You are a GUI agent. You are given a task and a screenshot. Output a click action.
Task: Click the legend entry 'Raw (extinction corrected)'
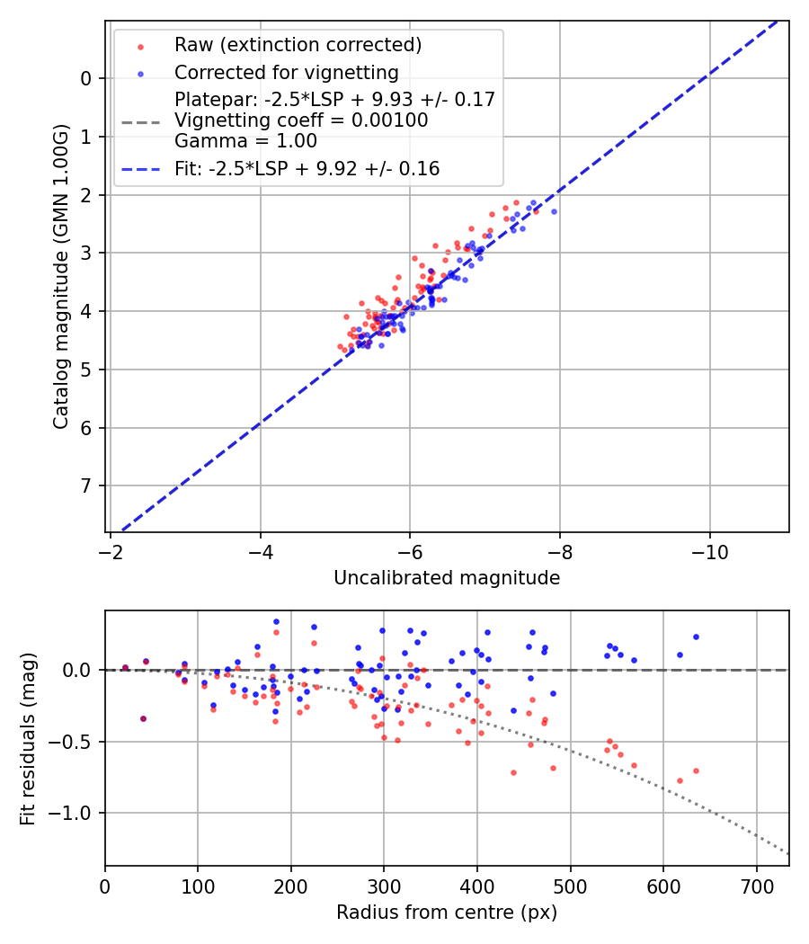coord(298,45)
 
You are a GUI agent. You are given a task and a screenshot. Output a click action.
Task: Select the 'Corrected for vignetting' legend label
coord(286,72)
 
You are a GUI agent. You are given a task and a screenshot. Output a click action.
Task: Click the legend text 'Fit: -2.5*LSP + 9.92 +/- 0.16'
coord(307,168)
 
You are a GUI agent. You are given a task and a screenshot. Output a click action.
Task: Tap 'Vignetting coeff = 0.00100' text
coord(301,120)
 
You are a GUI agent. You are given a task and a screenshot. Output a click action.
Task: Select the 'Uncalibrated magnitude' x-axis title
coord(447,578)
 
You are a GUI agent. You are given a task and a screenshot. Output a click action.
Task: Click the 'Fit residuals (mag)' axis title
coord(27,738)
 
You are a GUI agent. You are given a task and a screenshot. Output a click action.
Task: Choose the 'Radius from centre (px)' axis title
coord(447,913)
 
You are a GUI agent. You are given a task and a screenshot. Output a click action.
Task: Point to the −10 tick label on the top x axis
coord(710,548)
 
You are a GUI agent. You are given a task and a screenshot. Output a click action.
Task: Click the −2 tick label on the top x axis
coord(111,548)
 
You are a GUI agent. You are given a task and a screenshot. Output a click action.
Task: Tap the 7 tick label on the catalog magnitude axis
coord(86,486)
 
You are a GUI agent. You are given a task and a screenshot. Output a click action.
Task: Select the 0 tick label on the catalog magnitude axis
coord(86,79)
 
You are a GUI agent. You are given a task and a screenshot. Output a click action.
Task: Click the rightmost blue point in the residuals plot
coord(696,637)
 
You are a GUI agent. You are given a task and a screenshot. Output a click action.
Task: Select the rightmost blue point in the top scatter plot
coord(554,211)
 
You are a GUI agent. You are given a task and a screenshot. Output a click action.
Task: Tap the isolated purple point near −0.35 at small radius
coord(143,718)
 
